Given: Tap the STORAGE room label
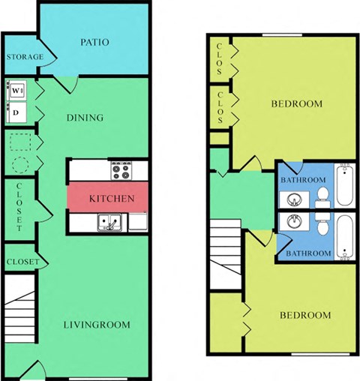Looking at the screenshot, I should click(24, 58).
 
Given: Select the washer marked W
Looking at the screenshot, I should click(17, 91).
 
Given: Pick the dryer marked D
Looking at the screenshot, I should click(17, 112).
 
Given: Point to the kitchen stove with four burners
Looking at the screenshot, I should click(120, 170).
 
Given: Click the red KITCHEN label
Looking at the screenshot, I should click(112, 199).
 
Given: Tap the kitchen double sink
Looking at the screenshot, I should click(109, 222).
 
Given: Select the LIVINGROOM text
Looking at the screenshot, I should click(95, 325).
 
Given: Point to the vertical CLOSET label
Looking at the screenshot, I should click(19, 207).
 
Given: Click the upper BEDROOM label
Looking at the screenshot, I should click(296, 103).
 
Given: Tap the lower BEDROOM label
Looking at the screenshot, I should click(305, 315).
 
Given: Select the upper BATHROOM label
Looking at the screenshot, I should click(303, 180).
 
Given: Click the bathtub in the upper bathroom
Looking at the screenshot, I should click(346, 186).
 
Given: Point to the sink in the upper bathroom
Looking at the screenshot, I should click(292, 199).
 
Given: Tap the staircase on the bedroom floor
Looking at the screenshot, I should click(223, 255).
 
